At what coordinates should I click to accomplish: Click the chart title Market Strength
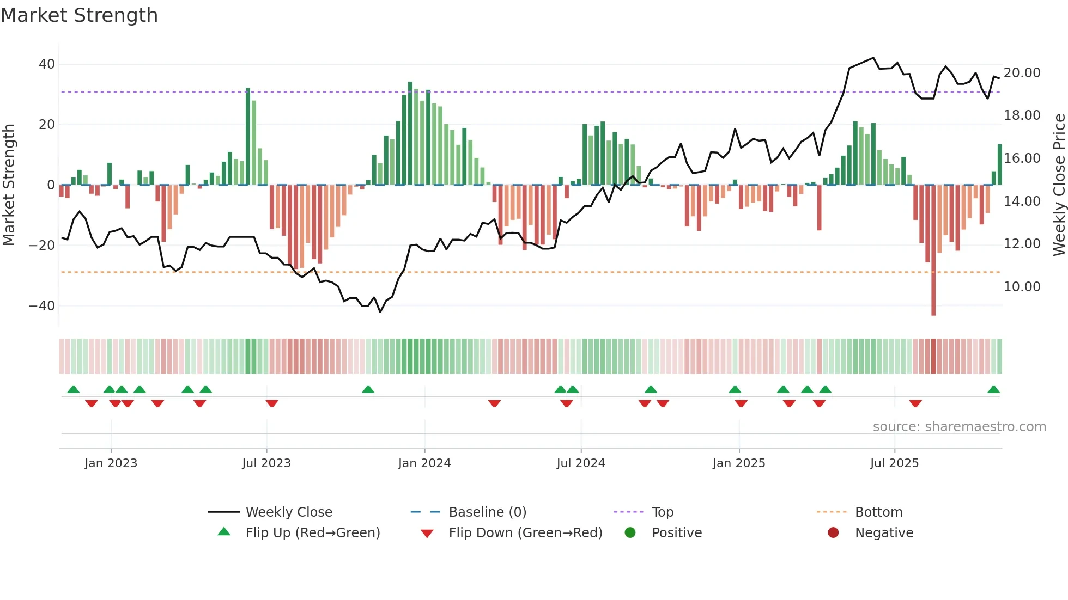click(x=79, y=15)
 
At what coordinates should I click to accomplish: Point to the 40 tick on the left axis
click(x=47, y=64)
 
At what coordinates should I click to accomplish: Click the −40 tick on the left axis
click(x=43, y=306)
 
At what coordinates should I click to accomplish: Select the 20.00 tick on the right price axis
click(x=1022, y=73)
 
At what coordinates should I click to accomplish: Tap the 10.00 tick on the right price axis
click(x=1022, y=287)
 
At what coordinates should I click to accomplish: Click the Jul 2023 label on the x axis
click(x=266, y=463)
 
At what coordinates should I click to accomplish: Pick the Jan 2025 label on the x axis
click(x=739, y=463)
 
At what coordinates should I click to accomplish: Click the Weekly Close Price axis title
click(x=1059, y=185)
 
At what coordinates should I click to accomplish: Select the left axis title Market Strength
click(x=9, y=185)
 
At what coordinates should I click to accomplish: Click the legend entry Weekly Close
click(x=289, y=512)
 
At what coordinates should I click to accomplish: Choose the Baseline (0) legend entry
click(x=487, y=512)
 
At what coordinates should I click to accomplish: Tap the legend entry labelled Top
click(x=663, y=512)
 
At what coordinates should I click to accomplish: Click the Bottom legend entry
click(x=878, y=512)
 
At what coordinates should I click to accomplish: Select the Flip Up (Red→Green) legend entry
click(x=312, y=533)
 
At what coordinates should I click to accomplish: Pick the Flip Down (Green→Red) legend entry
click(x=525, y=533)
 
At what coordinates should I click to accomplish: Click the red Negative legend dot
click(x=833, y=533)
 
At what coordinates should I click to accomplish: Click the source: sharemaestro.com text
click(x=959, y=427)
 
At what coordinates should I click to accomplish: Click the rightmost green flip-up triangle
click(x=993, y=390)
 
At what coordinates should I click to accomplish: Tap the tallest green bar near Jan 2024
click(x=410, y=133)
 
